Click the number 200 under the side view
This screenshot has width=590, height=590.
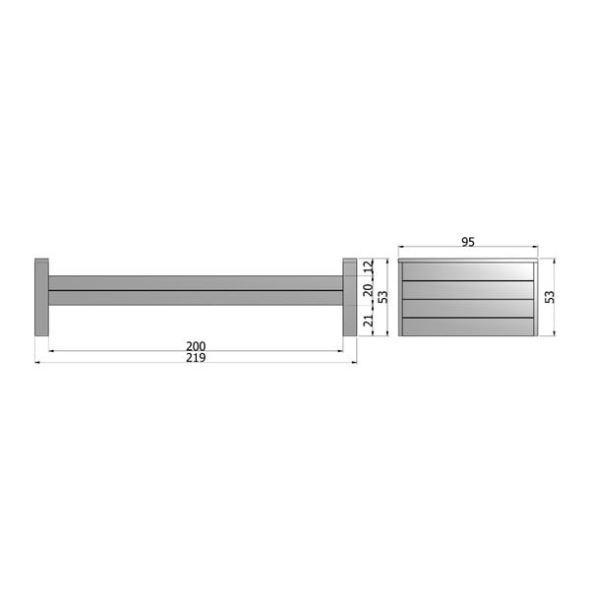196,346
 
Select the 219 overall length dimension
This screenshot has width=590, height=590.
196,359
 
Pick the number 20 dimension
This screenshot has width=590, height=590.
368,289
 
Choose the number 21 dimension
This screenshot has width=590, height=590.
368,319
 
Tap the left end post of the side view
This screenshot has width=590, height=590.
41,297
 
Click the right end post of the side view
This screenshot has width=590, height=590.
350,297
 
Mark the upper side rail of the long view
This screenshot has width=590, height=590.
196,282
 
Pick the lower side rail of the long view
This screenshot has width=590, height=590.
196,297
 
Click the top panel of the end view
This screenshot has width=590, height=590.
468,270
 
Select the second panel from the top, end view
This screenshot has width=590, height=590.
468,290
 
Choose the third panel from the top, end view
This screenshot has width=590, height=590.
468,308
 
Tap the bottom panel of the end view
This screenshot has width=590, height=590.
468,326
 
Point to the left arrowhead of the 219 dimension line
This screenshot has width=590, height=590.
37,362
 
